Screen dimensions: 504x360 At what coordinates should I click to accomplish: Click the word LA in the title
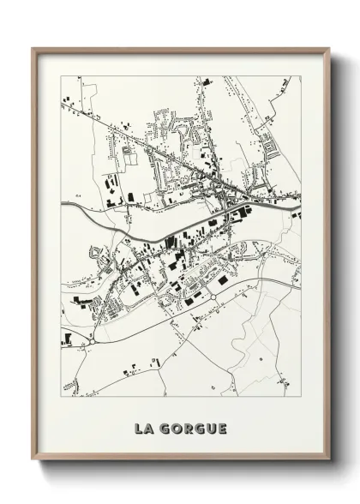pos(144,427)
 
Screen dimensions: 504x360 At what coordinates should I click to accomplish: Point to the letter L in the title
pos(139,427)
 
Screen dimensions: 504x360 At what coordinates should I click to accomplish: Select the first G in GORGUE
pos(164,427)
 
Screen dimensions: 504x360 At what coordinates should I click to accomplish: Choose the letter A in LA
pos(149,427)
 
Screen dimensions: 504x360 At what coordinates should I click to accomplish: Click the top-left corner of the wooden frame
pos(33,48)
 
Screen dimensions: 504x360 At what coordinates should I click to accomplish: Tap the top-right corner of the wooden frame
pos(329,48)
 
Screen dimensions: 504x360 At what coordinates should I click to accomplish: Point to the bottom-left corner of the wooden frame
pos(33,461)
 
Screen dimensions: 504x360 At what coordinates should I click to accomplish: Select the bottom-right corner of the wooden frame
pos(329,461)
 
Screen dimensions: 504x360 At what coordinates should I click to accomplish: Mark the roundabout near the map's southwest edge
pos(91,342)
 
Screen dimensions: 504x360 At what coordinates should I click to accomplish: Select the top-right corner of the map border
pos(302,76)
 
